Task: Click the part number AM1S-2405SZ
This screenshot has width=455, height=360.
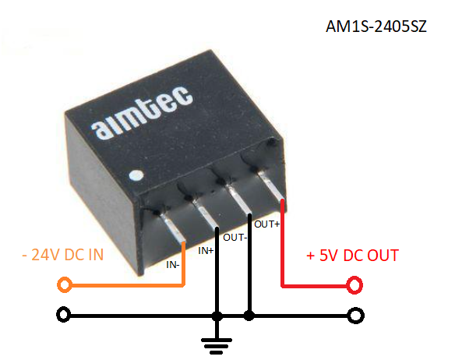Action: pos(376,26)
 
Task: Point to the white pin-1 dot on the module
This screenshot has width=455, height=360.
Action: pos(136,175)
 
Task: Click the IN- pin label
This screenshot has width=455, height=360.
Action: pos(173,265)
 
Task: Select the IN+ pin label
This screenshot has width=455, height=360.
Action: pos(206,251)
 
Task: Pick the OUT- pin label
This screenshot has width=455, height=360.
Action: pos(235,238)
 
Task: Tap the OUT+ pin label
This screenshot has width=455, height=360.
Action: pos(267,224)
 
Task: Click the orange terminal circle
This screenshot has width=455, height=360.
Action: pos(65,285)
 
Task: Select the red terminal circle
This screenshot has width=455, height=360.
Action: pos(355,285)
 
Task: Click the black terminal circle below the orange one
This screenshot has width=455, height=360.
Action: pos(64,315)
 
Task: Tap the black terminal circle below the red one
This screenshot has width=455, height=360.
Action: pos(356,316)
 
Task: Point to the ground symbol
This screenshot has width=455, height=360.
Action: pos(217,346)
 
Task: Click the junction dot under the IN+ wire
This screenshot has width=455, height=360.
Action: pos(217,316)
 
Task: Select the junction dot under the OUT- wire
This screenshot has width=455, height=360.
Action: pos(249,316)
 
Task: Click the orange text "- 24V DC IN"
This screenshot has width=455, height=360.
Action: pos(62,255)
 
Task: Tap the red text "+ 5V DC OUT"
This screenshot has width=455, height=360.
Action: pos(353,256)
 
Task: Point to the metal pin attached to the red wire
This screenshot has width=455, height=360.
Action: pos(271,185)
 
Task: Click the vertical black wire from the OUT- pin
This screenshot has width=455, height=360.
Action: pos(249,264)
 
